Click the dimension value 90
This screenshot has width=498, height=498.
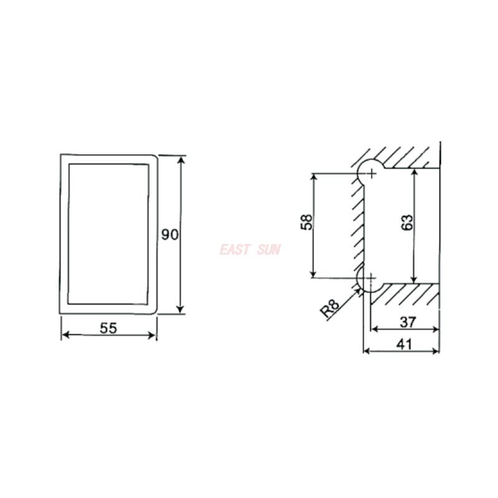tap(170, 235)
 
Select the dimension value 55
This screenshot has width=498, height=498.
tap(108, 328)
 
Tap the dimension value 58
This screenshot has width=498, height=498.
tap(306, 222)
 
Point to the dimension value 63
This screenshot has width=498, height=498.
tap(407, 222)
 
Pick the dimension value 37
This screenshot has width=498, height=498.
tap(408, 322)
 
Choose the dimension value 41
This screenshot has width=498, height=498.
tap(404, 344)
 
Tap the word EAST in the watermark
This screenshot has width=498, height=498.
tap(235, 250)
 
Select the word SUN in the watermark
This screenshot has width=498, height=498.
tap(270, 250)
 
